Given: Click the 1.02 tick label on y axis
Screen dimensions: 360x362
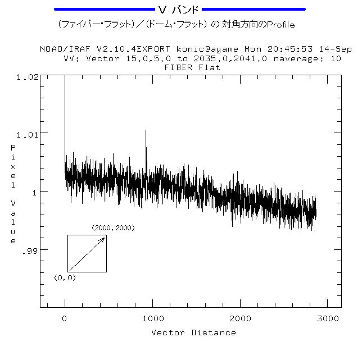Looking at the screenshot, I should pos(28,76).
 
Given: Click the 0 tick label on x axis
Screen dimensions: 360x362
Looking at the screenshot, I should pos(65,318).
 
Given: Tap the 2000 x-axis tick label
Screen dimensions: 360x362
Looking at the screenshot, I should pos(241,318).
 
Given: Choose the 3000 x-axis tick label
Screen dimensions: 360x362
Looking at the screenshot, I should pos(328,318).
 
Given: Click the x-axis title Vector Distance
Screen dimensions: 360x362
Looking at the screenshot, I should pos(193,332).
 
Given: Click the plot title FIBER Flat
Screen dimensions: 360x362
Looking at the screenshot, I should pos(192,67).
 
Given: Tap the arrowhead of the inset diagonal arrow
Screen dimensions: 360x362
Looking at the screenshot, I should pos(104,238).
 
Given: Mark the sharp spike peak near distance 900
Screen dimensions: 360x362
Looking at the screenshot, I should pos(146,130).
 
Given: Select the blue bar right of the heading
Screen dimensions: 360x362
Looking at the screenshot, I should pos(254,10).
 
